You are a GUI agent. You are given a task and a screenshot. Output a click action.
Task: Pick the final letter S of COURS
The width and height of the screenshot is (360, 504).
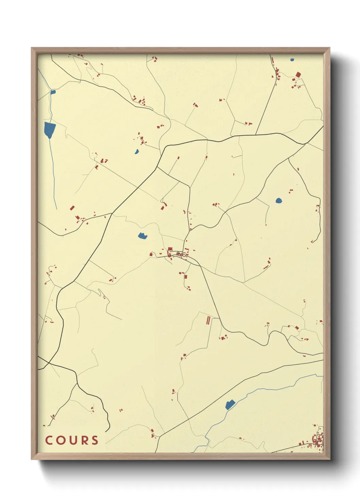pyautogui.click(x=95, y=440)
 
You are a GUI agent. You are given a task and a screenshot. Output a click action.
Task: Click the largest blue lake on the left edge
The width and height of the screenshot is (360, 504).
pyautogui.click(x=49, y=129)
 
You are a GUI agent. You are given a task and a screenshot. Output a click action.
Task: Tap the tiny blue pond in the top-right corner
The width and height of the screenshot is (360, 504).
pyautogui.click(x=292, y=60)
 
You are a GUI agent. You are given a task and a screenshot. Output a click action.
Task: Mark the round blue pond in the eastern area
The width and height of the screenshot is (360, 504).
pyautogui.click(x=279, y=201)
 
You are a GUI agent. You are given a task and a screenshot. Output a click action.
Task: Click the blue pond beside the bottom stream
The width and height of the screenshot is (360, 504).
pyautogui.click(x=230, y=405)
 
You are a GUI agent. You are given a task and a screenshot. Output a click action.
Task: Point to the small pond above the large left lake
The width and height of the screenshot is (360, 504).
pyautogui.click(x=53, y=92)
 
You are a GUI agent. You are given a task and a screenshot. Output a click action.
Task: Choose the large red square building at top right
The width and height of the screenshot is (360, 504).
pyautogui.click(x=298, y=75)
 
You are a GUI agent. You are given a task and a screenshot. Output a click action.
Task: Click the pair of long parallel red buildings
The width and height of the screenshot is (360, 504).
pyautogui.click(x=208, y=320)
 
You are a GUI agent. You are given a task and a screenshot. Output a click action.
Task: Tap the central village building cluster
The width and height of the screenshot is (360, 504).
pyautogui.click(x=177, y=254)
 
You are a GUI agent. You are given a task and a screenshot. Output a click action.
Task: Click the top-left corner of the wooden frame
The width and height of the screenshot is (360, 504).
pyautogui.click(x=32, y=48)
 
